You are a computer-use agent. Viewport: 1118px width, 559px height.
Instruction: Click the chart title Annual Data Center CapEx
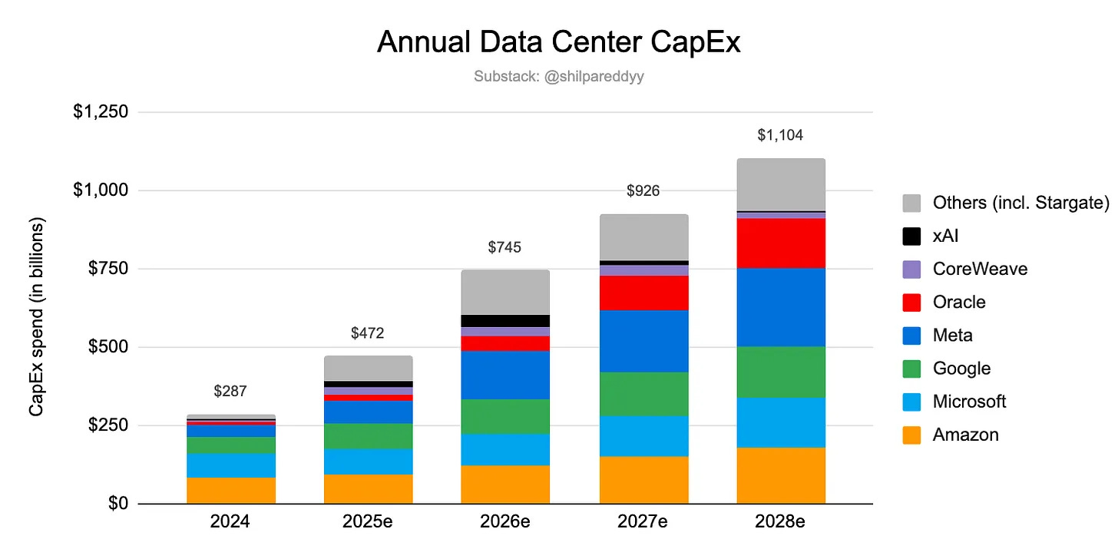click(x=558, y=43)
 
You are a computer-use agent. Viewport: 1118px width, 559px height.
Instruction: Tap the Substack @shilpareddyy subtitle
click(x=558, y=77)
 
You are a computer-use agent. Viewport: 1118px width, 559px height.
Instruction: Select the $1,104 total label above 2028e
click(x=780, y=136)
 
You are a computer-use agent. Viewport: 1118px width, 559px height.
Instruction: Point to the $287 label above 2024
click(x=230, y=392)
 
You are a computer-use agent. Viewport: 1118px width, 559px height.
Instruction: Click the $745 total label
click(x=505, y=247)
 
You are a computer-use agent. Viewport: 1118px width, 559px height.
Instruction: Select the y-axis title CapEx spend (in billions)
click(x=36, y=316)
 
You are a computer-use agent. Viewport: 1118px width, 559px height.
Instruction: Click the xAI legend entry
click(x=945, y=236)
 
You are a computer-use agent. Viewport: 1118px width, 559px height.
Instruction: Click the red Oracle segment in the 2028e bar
click(x=780, y=243)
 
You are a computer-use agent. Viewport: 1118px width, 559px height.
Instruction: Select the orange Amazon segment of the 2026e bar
click(x=505, y=485)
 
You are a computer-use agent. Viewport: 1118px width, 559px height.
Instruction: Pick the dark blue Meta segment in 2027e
click(x=643, y=341)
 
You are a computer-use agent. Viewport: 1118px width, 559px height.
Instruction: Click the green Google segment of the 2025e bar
click(x=368, y=435)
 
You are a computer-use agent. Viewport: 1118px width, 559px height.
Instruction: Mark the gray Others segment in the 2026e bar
click(x=505, y=292)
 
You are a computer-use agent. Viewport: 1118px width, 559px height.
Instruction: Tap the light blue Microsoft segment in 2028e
click(x=780, y=422)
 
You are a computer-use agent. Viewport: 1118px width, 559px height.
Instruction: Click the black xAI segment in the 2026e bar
click(x=505, y=321)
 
